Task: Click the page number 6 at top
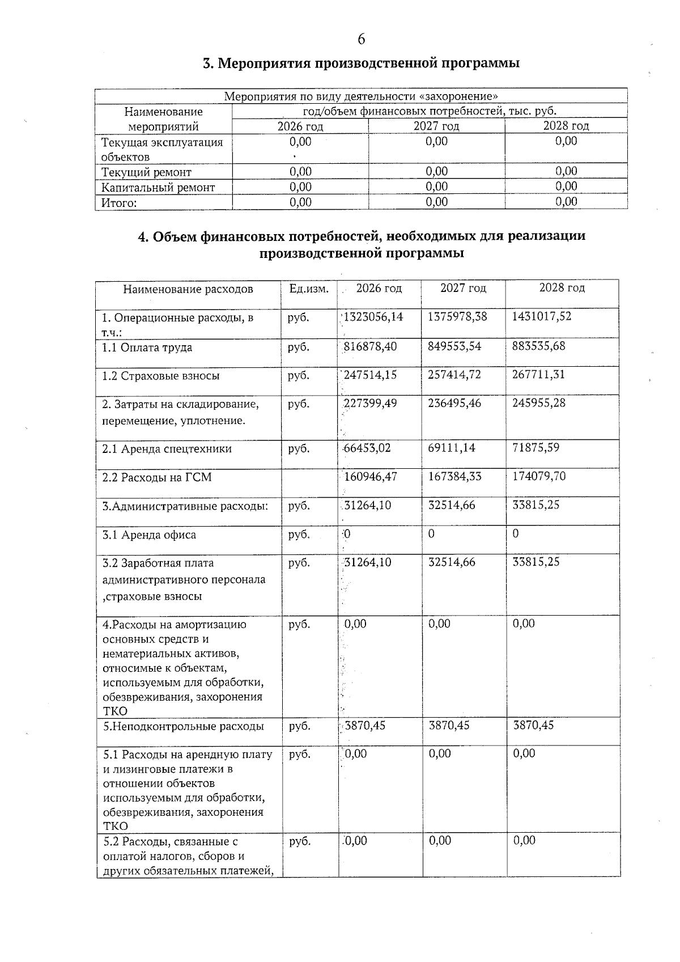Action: (361, 39)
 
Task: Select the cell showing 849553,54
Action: (454, 346)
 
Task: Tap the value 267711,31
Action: (538, 375)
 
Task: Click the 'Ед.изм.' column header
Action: (309, 289)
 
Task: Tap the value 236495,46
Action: (454, 403)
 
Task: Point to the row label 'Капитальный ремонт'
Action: (158, 187)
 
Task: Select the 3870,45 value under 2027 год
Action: (449, 725)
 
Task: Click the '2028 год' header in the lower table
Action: (562, 288)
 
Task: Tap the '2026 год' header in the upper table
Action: (300, 126)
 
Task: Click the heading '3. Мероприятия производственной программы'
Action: (361, 63)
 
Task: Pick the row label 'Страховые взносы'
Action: (160, 376)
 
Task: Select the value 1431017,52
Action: (541, 317)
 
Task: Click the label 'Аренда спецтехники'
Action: (167, 449)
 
